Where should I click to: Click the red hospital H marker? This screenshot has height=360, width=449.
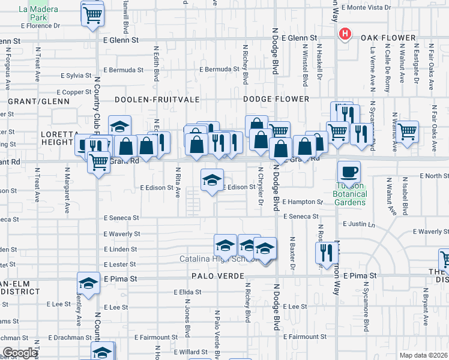[x=345, y=34]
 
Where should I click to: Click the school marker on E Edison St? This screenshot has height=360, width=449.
[x=211, y=180]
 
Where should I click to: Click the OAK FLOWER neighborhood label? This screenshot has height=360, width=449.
[x=388, y=38]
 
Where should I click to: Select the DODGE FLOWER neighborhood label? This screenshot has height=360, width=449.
[x=276, y=99]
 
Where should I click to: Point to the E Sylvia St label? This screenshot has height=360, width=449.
[x=76, y=76]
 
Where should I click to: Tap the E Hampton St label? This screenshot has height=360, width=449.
[x=303, y=202]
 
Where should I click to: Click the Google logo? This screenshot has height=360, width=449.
[x=20, y=353]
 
